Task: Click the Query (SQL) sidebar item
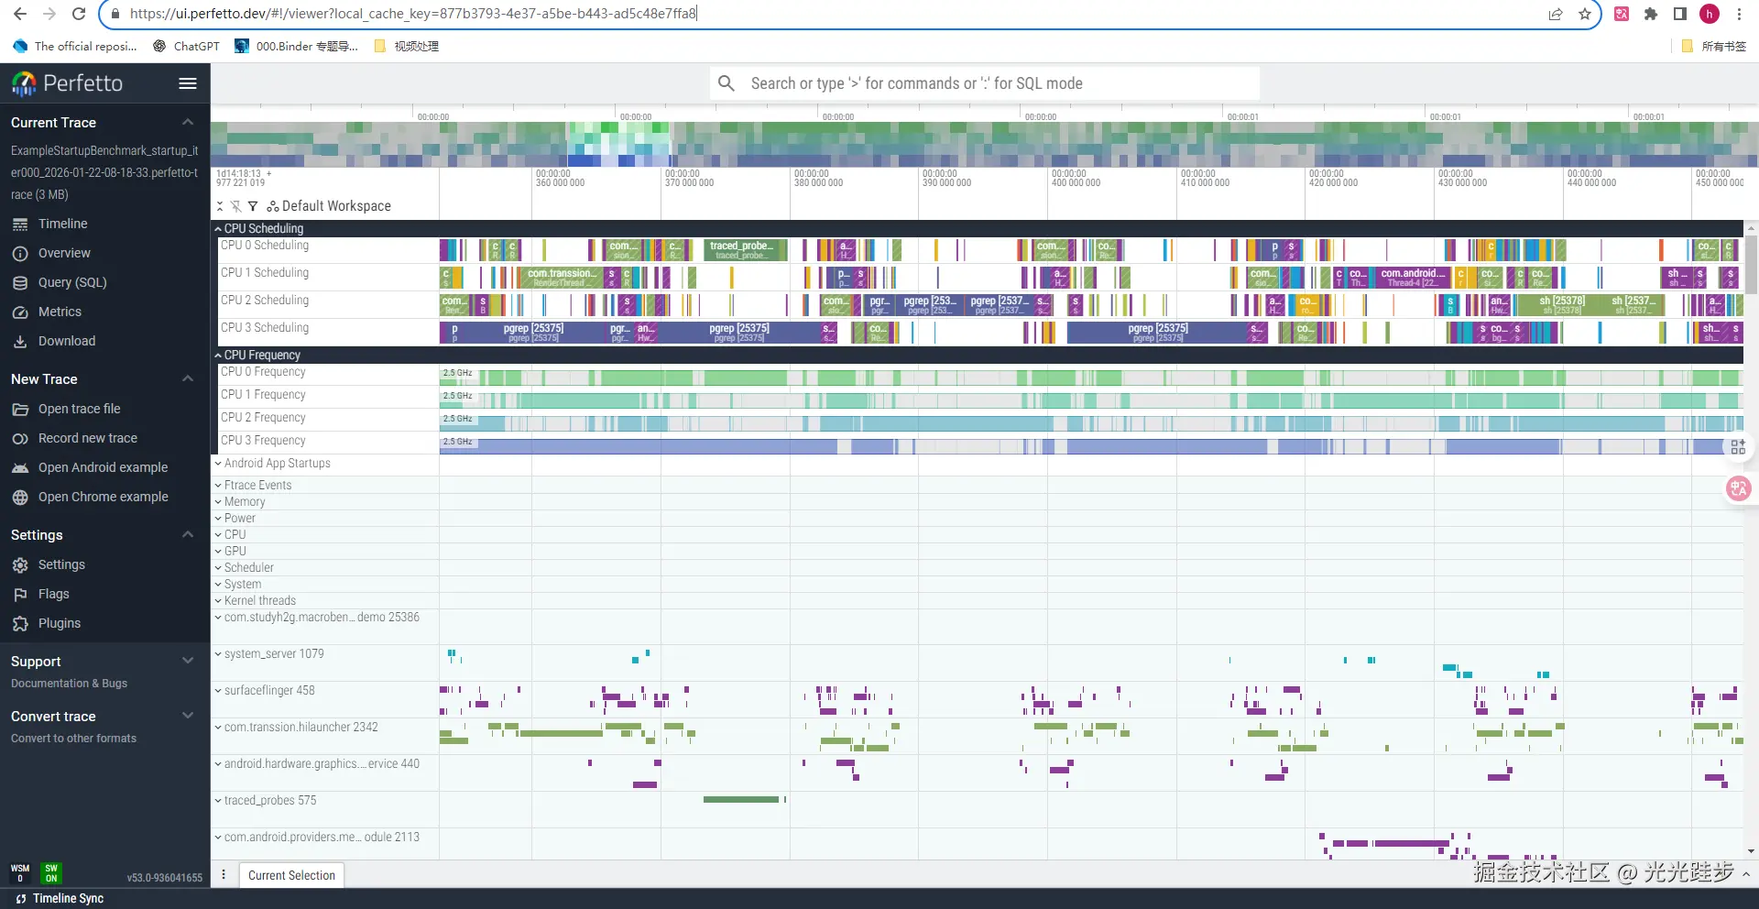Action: [72, 282]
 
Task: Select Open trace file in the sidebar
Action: [79, 409]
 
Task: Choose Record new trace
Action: [87, 438]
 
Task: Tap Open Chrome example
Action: [103, 497]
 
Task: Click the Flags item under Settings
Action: [53, 594]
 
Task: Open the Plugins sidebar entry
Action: [59, 623]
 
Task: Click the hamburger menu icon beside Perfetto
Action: [188, 83]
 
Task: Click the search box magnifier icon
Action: [727, 83]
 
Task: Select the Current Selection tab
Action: [291, 875]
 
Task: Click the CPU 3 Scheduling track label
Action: [265, 327]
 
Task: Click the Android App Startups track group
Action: [277, 463]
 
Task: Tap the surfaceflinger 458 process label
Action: [269, 690]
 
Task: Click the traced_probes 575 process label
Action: [270, 800]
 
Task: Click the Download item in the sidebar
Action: [66, 341]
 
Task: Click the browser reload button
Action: [79, 14]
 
